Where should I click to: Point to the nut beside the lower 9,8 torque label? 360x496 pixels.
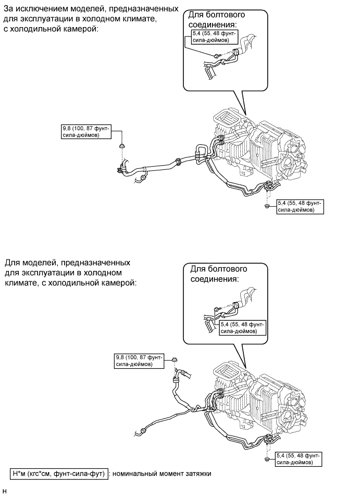click(x=174, y=360)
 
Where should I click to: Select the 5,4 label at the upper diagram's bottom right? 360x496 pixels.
click(x=300, y=207)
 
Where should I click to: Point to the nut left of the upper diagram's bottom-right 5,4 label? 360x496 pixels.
click(x=266, y=207)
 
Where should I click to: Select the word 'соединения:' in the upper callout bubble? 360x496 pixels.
click(x=211, y=24)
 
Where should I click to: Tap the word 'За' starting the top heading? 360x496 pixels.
click(x=9, y=10)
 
